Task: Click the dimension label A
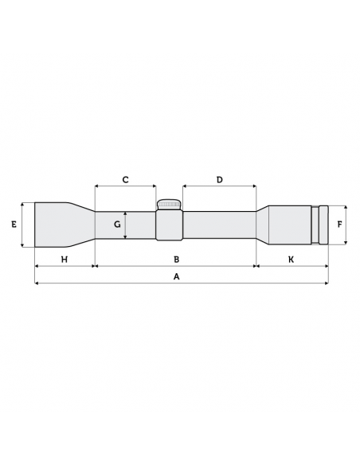(177, 275)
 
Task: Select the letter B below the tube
(177, 259)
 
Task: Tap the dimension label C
(125, 180)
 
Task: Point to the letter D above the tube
(219, 180)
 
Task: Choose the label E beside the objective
(14, 225)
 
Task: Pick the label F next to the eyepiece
(340, 225)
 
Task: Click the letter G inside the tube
(116, 225)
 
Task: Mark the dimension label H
(65, 259)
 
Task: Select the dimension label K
(291, 259)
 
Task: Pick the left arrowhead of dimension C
(96, 187)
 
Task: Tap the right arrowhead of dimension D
(254, 187)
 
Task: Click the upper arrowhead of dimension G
(125, 213)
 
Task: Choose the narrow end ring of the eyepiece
(323, 225)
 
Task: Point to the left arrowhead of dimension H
(37, 266)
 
